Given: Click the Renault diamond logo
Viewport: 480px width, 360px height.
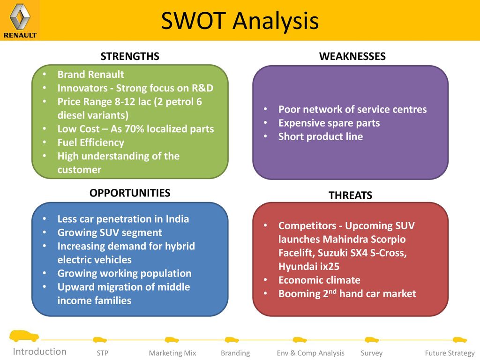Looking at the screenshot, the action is (x=20, y=16).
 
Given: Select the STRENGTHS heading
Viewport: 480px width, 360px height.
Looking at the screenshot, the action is (x=130, y=56).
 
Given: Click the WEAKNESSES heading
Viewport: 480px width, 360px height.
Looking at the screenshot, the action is (x=352, y=56).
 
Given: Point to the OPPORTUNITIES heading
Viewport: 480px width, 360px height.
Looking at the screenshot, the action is (x=130, y=193).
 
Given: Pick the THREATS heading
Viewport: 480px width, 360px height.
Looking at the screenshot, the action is (x=351, y=195).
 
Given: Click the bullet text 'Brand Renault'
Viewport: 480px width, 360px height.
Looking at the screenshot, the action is (x=90, y=75).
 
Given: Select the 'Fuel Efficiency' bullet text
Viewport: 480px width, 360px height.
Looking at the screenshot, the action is (x=90, y=142).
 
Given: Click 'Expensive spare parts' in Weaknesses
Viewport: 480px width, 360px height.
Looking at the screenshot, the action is (x=329, y=123).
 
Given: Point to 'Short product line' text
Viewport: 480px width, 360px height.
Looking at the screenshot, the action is (x=321, y=136).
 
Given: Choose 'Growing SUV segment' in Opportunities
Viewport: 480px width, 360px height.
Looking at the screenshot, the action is (x=110, y=232).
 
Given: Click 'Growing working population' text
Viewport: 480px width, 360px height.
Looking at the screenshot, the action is (x=124, y=273).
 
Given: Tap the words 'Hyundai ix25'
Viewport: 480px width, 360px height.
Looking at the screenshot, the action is (x=309, y=266).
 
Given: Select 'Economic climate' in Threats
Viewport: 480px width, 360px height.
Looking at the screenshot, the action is (x=319, y=280).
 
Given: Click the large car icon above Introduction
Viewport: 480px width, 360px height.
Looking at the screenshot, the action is (x=24, y=336).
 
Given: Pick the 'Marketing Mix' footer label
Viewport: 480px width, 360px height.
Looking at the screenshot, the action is (x=172, y=353).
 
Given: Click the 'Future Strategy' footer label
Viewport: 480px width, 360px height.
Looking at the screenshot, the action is (x=450, y=353).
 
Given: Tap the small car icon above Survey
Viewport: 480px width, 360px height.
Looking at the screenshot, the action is (x=372, y=339).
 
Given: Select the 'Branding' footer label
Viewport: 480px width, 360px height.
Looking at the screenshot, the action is (x=235, y=353).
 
